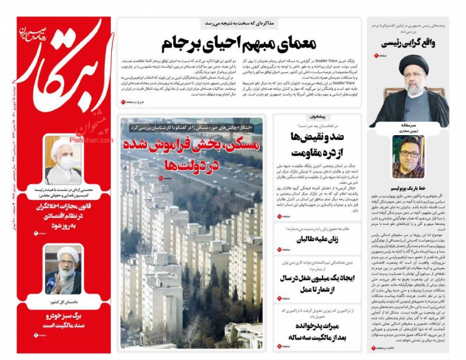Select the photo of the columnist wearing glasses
[x=408, y=156]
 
